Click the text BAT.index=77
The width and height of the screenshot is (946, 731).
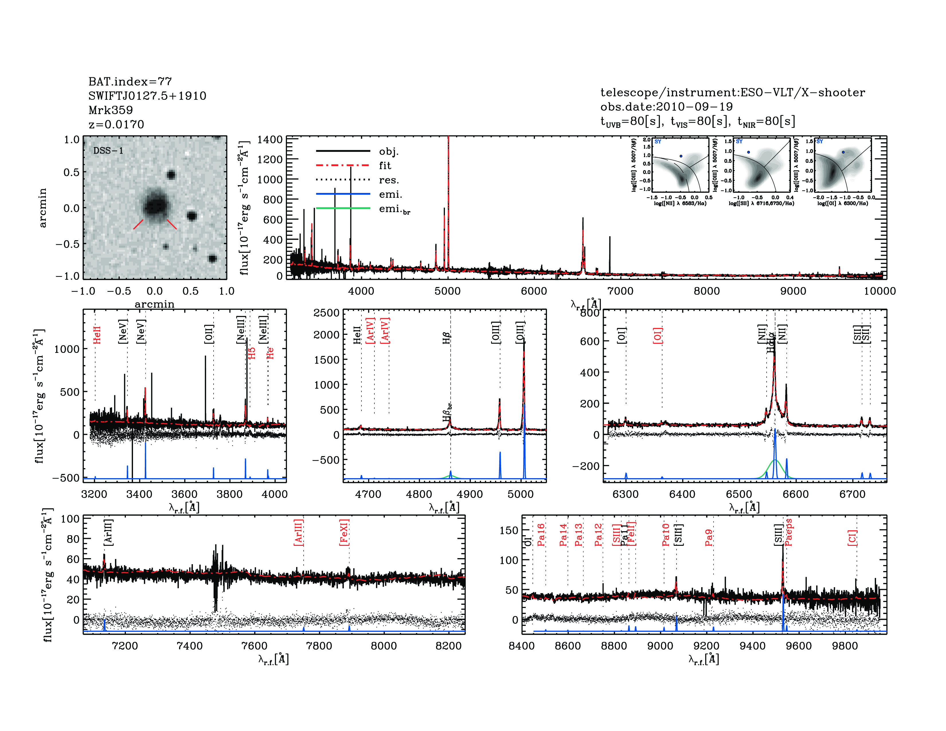(x=130, y=81)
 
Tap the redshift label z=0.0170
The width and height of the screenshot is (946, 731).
(x=116, y=124)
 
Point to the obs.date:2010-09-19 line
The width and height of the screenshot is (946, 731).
(x=666, y=107)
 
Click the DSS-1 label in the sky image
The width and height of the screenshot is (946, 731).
(x=108, y=151)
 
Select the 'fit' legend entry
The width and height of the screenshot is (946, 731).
(x=385, y=165)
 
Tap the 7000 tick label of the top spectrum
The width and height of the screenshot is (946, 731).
(x=620, y=291)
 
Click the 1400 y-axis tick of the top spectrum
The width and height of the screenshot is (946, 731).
(x=269, y=139)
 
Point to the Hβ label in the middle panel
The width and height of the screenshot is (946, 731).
(x=447, y=338)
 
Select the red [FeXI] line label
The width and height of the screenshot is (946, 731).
(x=344, y=532)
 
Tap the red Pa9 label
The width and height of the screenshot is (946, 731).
(x=709, y=537)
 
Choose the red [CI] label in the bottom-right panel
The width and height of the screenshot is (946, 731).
(x=852, y=537)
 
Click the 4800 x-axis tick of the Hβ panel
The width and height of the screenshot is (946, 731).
(x=419, y=494)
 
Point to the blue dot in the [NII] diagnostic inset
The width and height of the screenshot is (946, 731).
(x=681, y=156)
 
